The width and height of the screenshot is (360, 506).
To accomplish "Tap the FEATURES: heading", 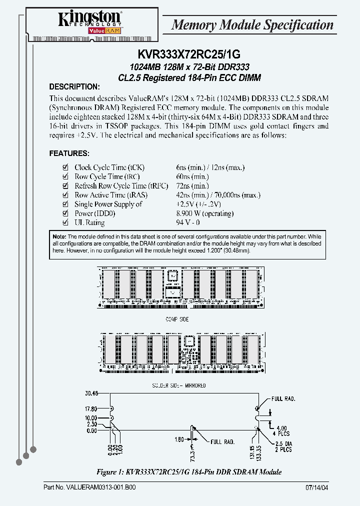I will [69, 153].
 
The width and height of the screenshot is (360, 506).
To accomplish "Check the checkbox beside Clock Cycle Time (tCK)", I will [64, 167].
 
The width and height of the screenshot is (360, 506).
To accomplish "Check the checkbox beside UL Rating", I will [64, 223].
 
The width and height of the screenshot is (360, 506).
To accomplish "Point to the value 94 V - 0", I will [188, 223].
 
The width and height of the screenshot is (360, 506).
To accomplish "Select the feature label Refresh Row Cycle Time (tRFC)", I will [110, 186].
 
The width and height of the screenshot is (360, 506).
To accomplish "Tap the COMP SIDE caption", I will [176, 319].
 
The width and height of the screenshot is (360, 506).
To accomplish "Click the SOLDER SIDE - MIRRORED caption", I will [178, 385].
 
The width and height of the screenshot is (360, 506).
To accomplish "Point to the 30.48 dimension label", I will [91, 392].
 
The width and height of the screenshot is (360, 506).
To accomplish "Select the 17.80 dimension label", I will [91, 408].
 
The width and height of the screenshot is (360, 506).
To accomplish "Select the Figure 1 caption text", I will [188, 471].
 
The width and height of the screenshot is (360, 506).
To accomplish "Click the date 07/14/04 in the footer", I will [317, 487].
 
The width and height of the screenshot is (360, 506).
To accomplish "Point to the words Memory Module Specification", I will [252, 25].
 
